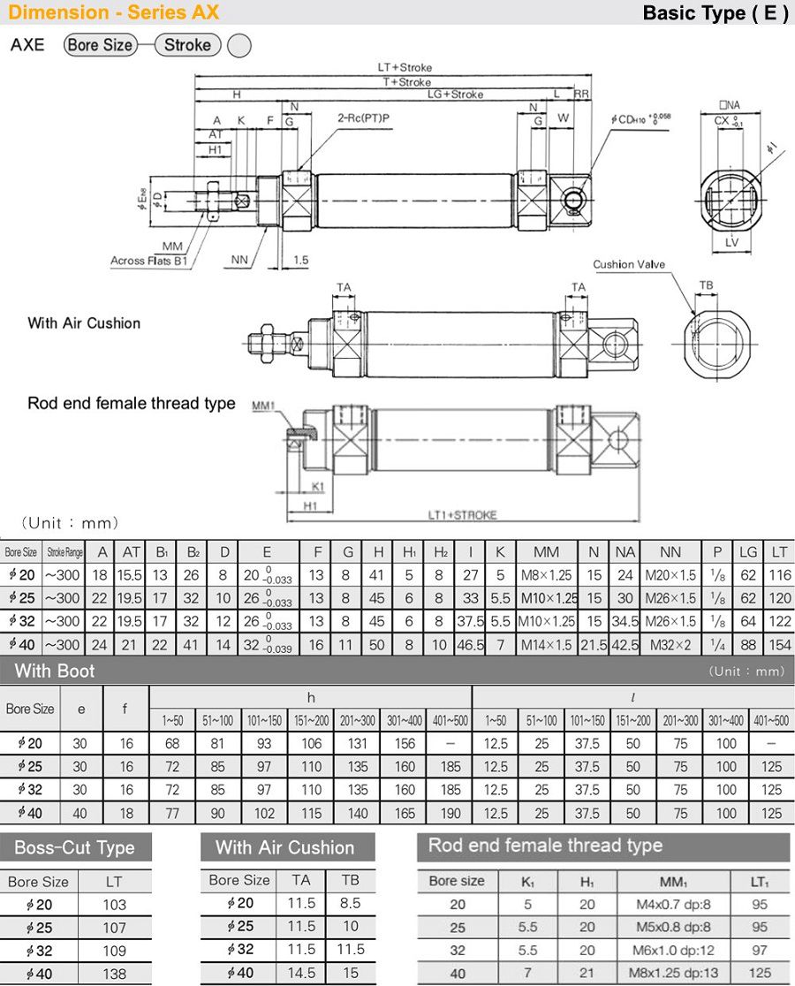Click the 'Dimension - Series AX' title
coord(113,12)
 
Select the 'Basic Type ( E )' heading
coord(715,13)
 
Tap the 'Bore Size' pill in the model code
coord(100,45)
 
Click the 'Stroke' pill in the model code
coord(187,45)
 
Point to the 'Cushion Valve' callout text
coord(629,264)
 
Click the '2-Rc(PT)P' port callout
coord(363,117)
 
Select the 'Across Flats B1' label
coord(148,261)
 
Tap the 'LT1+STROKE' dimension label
coord(462,515)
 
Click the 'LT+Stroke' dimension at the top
coord(405,67)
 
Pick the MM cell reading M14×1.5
coord(547,644)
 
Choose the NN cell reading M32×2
coord(670,644)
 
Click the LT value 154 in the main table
coord(779,644)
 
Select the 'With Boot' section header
coord(55,671)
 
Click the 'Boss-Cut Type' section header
coord(74,847)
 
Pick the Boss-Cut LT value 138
coord(115,974)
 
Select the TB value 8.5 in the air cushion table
coord(350,903)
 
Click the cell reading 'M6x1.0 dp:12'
coord(673,951)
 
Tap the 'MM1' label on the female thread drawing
coord(263,406)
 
